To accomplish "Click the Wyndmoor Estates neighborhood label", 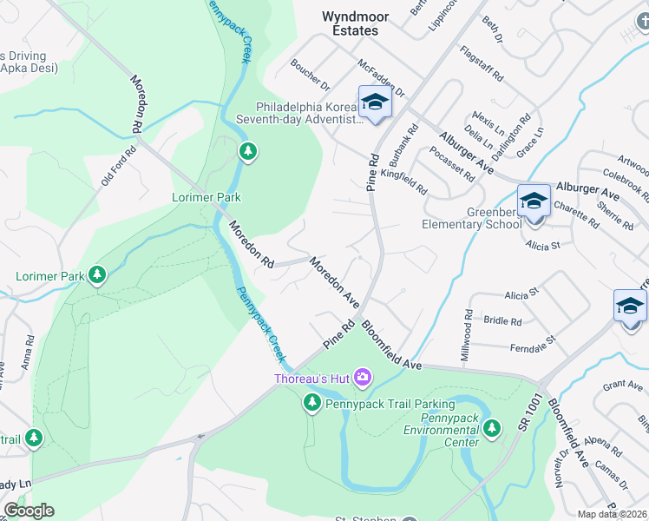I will (351, 23).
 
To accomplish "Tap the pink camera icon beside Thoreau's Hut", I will (363, 378).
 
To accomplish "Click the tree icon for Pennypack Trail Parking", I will (312, 403).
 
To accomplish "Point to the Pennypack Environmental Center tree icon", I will (493, 427).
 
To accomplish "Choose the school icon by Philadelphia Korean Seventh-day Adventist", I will (375, 102).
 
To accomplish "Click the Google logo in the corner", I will (29, 511).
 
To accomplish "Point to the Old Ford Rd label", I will (119, 166).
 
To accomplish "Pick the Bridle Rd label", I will (502, 320).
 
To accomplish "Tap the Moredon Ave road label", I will (335, 282).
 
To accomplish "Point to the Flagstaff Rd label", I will (482, 63).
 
